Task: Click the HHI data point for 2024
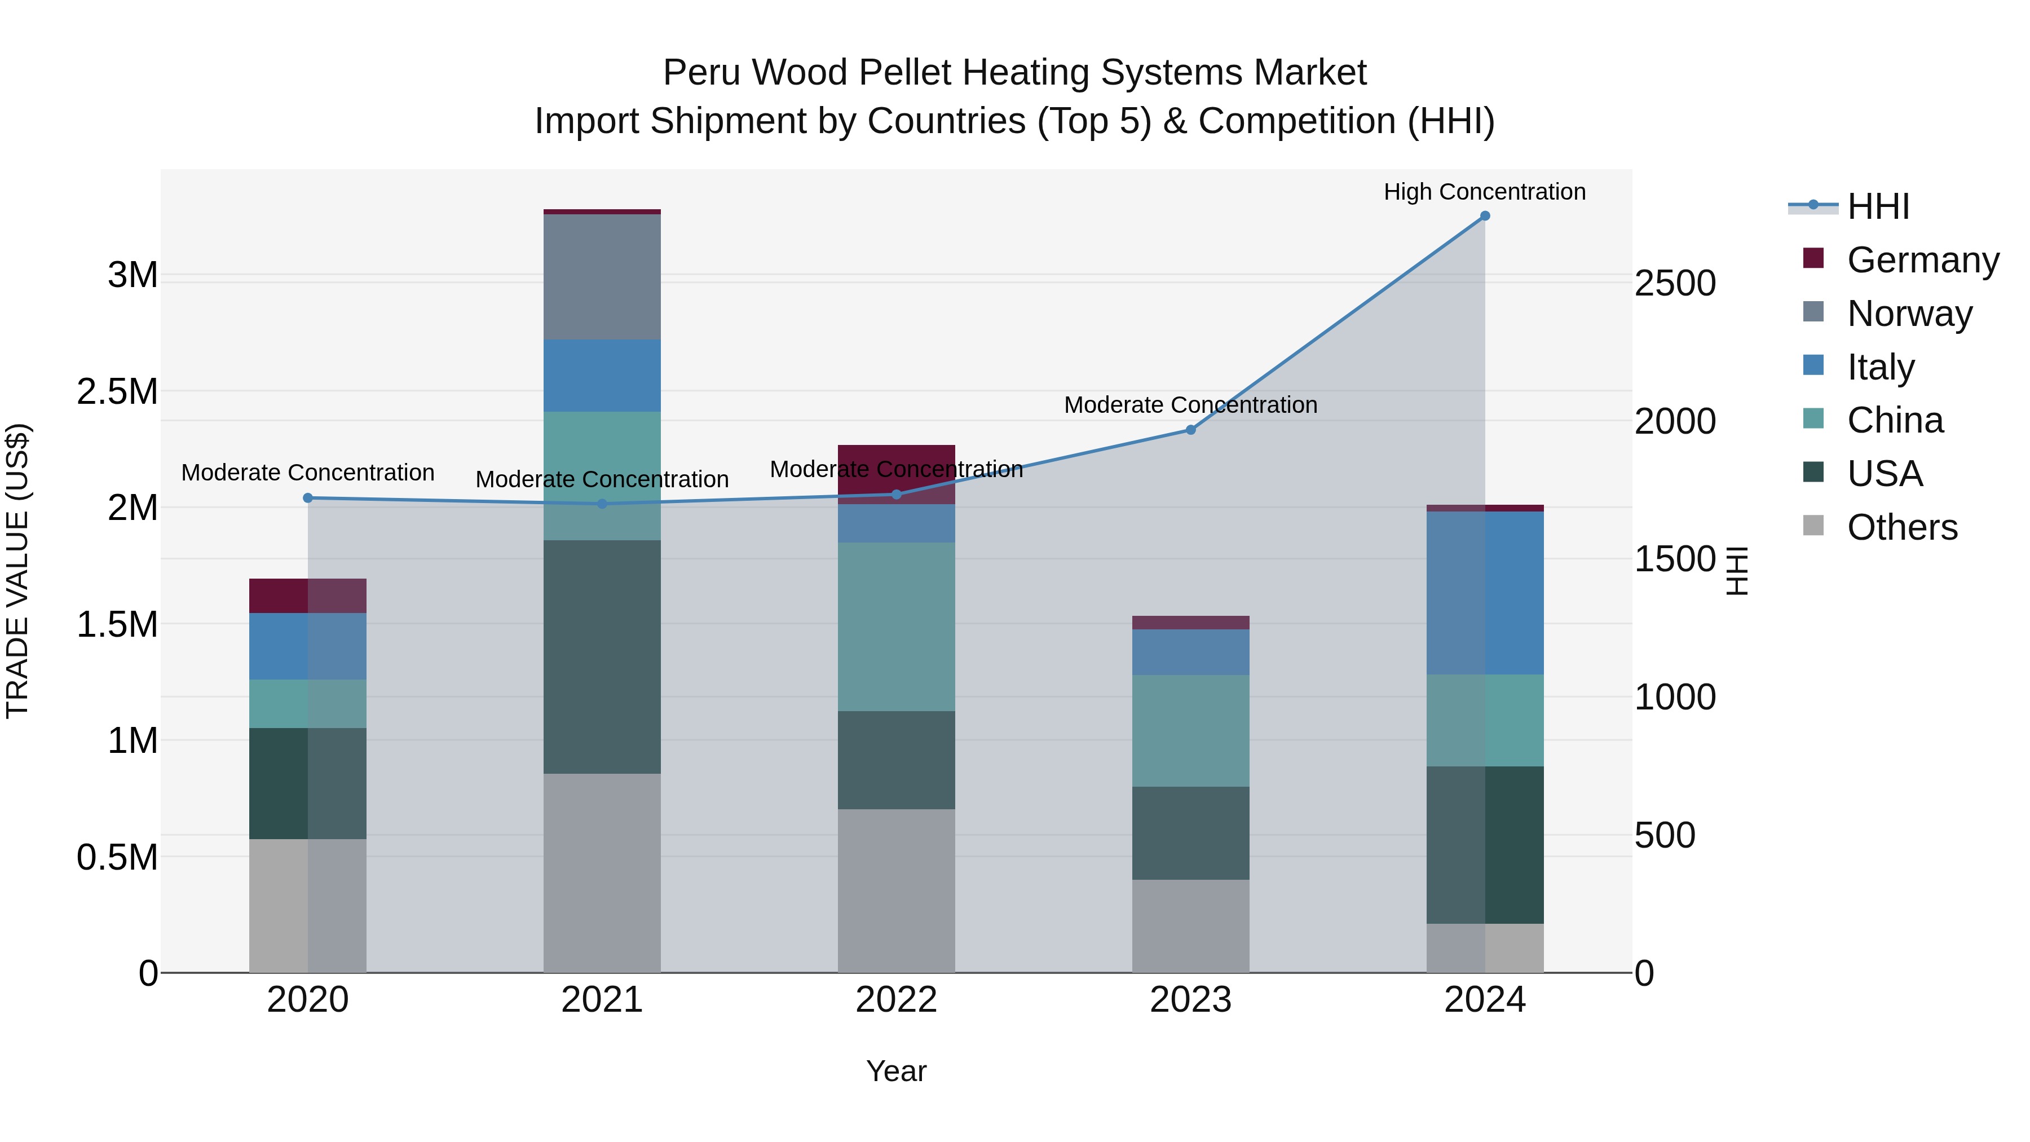pyautogui.click(x=1485, y=216)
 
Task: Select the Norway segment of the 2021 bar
pyautogui.click(x=602, y=277)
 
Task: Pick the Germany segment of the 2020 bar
pyautogui.click(x=307, y=596)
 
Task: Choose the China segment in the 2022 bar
pyautogui.click(x=896, y=627)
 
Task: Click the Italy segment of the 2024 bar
pyautogui.click(x=1485, y=593)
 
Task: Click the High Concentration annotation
pyautogui.click(x=1485, y=192)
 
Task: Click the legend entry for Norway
pyautogui.click(x=1909, y=314)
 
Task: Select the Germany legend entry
pyautogui.click(x=1922, y=260)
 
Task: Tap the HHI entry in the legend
pyautogui.click(x=1878, y=206)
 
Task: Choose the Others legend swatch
pyautogui.click(x=1813, y=526)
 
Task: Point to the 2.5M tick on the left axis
pyautogui.click(x=117, y=392)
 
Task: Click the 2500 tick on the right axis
pyautogui.click(x=1675, y=284)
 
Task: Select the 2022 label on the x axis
pyautogui.click(x=896, y=1000)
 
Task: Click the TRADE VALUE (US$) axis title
pyautogui.click(x=17, y=571)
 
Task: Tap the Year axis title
pyautogui.click(x=896, y=1071)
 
